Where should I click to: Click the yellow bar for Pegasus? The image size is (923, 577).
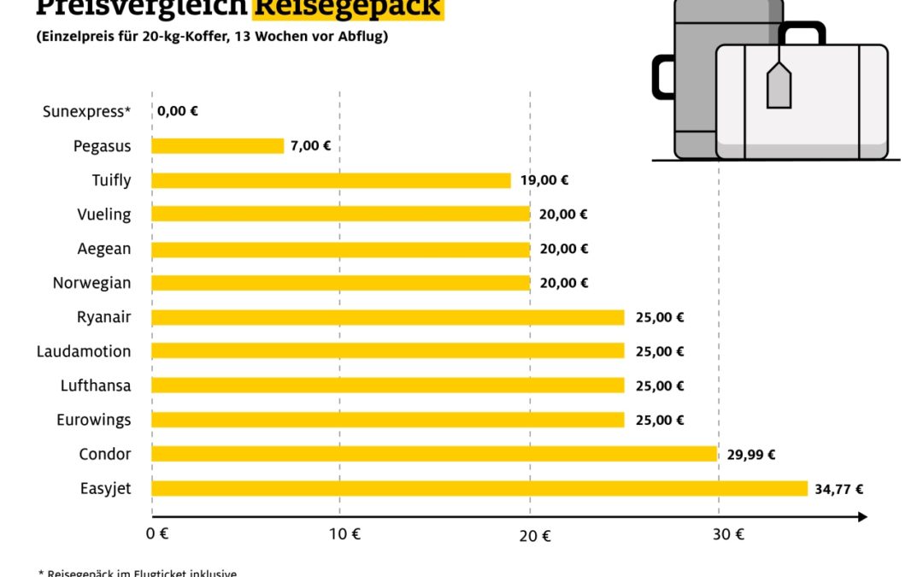pos(218,146)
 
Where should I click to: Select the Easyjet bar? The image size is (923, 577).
pos(479,489)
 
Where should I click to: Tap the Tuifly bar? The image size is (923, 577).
pos(332,180)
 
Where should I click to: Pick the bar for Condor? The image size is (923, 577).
pos(434,454)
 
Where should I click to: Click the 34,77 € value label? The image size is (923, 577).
pos(838,490)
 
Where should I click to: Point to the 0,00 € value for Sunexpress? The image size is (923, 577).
pos(177,111)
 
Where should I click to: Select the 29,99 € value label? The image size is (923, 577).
pos(750,455)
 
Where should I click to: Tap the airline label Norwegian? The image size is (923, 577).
pos(92,283)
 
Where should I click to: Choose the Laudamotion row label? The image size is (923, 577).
pos(84,351)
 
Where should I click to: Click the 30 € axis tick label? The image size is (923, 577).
pos(728,536)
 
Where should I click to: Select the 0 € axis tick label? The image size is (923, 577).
pos(157,536)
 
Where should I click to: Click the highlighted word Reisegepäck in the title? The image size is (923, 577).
pos(348,8)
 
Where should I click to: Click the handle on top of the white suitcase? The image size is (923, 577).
pos(801,32)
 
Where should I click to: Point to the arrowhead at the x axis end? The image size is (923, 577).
pos(862,517)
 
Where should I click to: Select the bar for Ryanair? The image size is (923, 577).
pos(388,317)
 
